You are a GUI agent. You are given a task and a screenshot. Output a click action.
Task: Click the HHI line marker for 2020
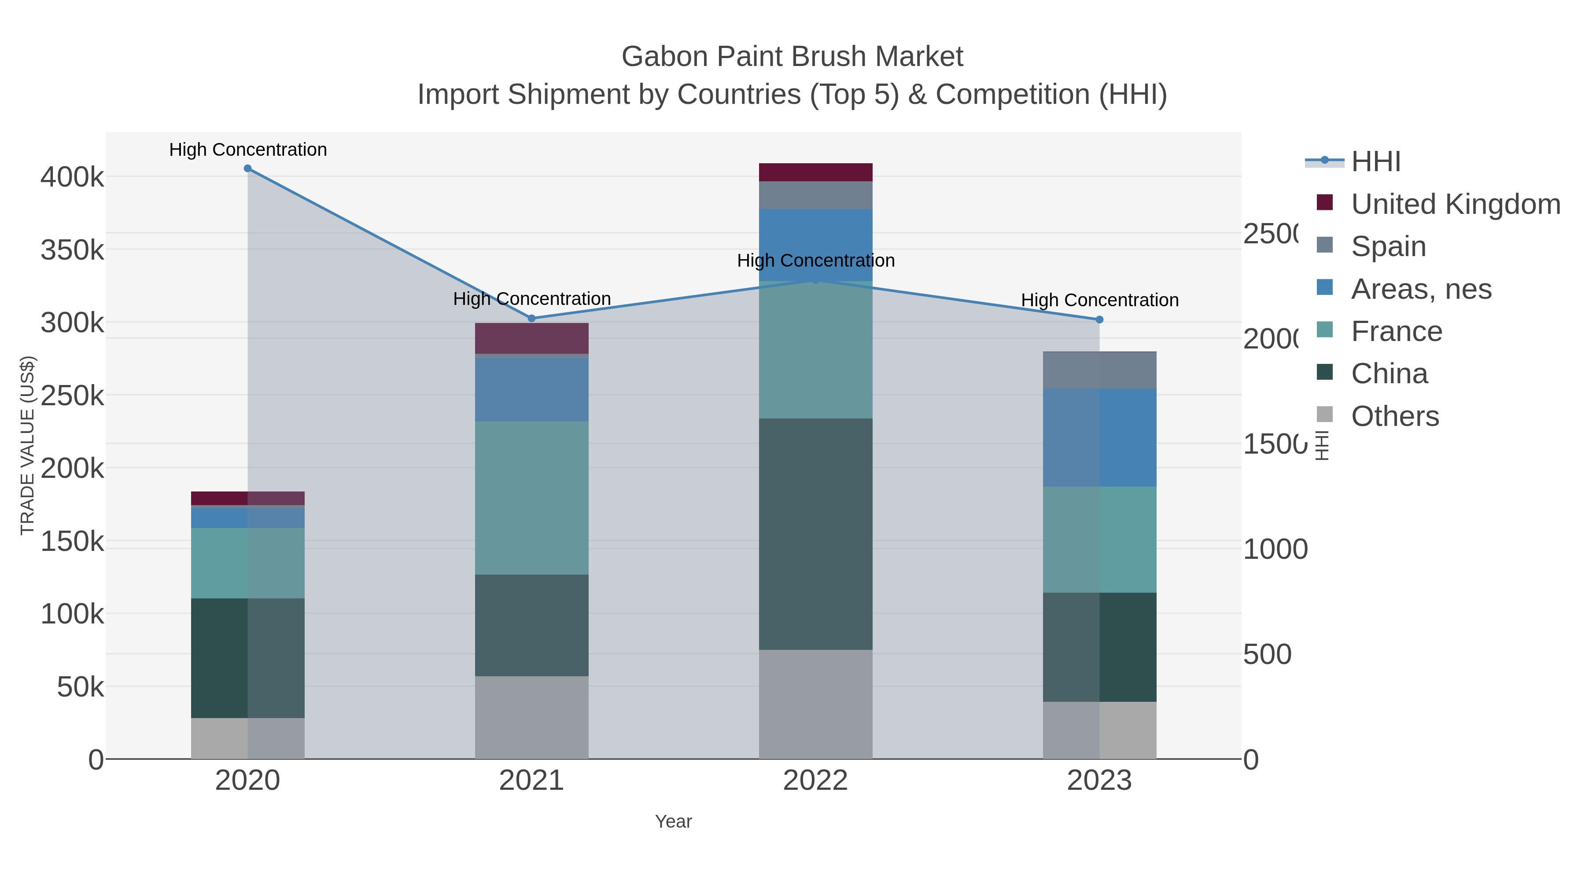coord(247,169)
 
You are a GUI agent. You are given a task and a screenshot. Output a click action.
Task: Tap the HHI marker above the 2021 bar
coord(531,319)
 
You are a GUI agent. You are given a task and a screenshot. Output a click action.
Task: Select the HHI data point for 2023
coord(1099,320)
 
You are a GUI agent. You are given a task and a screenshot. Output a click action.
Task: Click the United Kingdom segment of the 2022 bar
coord(815,172)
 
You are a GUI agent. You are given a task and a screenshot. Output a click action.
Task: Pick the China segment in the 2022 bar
coord(815,534)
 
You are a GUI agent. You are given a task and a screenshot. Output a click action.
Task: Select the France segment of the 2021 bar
coord(531,498)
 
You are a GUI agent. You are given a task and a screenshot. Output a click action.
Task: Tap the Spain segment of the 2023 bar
coord(1099,370)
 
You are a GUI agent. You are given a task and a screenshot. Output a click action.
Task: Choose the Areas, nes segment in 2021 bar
coord(531,390)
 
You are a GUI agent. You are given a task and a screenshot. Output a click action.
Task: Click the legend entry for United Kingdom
coord(1455,204)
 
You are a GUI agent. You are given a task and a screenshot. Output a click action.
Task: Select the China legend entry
coord(1389,374)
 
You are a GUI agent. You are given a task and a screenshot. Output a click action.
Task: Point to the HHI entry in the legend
coord(1376,162)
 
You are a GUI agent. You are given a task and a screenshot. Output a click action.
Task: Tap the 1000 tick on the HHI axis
coord(1275,550)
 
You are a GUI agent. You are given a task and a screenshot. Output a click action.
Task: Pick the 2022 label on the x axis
coord(815,781)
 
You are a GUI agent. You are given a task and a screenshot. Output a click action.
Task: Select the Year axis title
coord(673,821)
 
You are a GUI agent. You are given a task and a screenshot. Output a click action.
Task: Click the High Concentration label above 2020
coord(248,150)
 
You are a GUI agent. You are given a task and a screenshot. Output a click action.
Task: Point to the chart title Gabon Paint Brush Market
coord(792,57)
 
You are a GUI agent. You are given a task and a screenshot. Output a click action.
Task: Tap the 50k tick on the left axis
coord(81,687)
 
